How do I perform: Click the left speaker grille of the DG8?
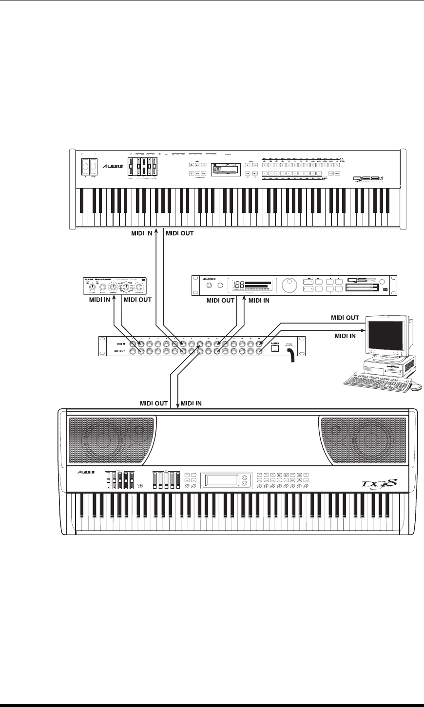pos(112,439)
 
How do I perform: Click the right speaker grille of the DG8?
pos(363,439)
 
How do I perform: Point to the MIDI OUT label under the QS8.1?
pos(180,233)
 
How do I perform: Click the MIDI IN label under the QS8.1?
pos(141,233)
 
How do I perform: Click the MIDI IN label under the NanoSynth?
pos(100,300)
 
